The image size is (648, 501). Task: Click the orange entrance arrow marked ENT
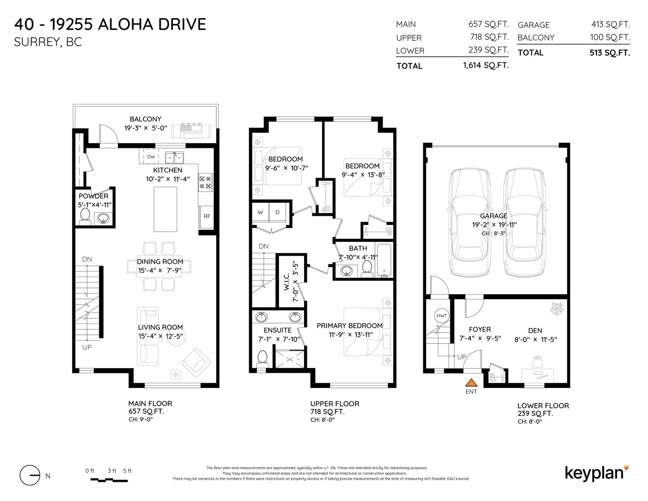[x=471, y=382]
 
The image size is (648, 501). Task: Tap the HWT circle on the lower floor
[x=441, y=316]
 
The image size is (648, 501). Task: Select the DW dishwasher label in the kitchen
[x=151, y=157]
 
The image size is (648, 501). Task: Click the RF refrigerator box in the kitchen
[x=207, y=217]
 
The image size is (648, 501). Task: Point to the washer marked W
[x=260, y=212]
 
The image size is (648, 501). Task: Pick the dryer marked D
[x=278, y=212]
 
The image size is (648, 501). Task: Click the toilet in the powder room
[x=85, y=216]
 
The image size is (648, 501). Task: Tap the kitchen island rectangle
[x=165, y=209]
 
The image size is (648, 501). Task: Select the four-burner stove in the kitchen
[x=205, y=182]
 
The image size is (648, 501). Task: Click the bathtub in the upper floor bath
[x=384, y=260]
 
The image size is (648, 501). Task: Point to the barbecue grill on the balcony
[x=191, y=131]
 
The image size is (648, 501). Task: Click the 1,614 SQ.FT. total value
[x=486, y=65]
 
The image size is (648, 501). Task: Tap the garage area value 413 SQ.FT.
[x=611, y=24]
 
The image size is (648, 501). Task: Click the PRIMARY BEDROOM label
[x=350, y=326]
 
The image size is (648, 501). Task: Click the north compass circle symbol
[x=30, y=475]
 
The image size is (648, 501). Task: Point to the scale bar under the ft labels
[x=109, y=480]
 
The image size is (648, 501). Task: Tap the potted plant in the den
[x=557, y=308]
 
